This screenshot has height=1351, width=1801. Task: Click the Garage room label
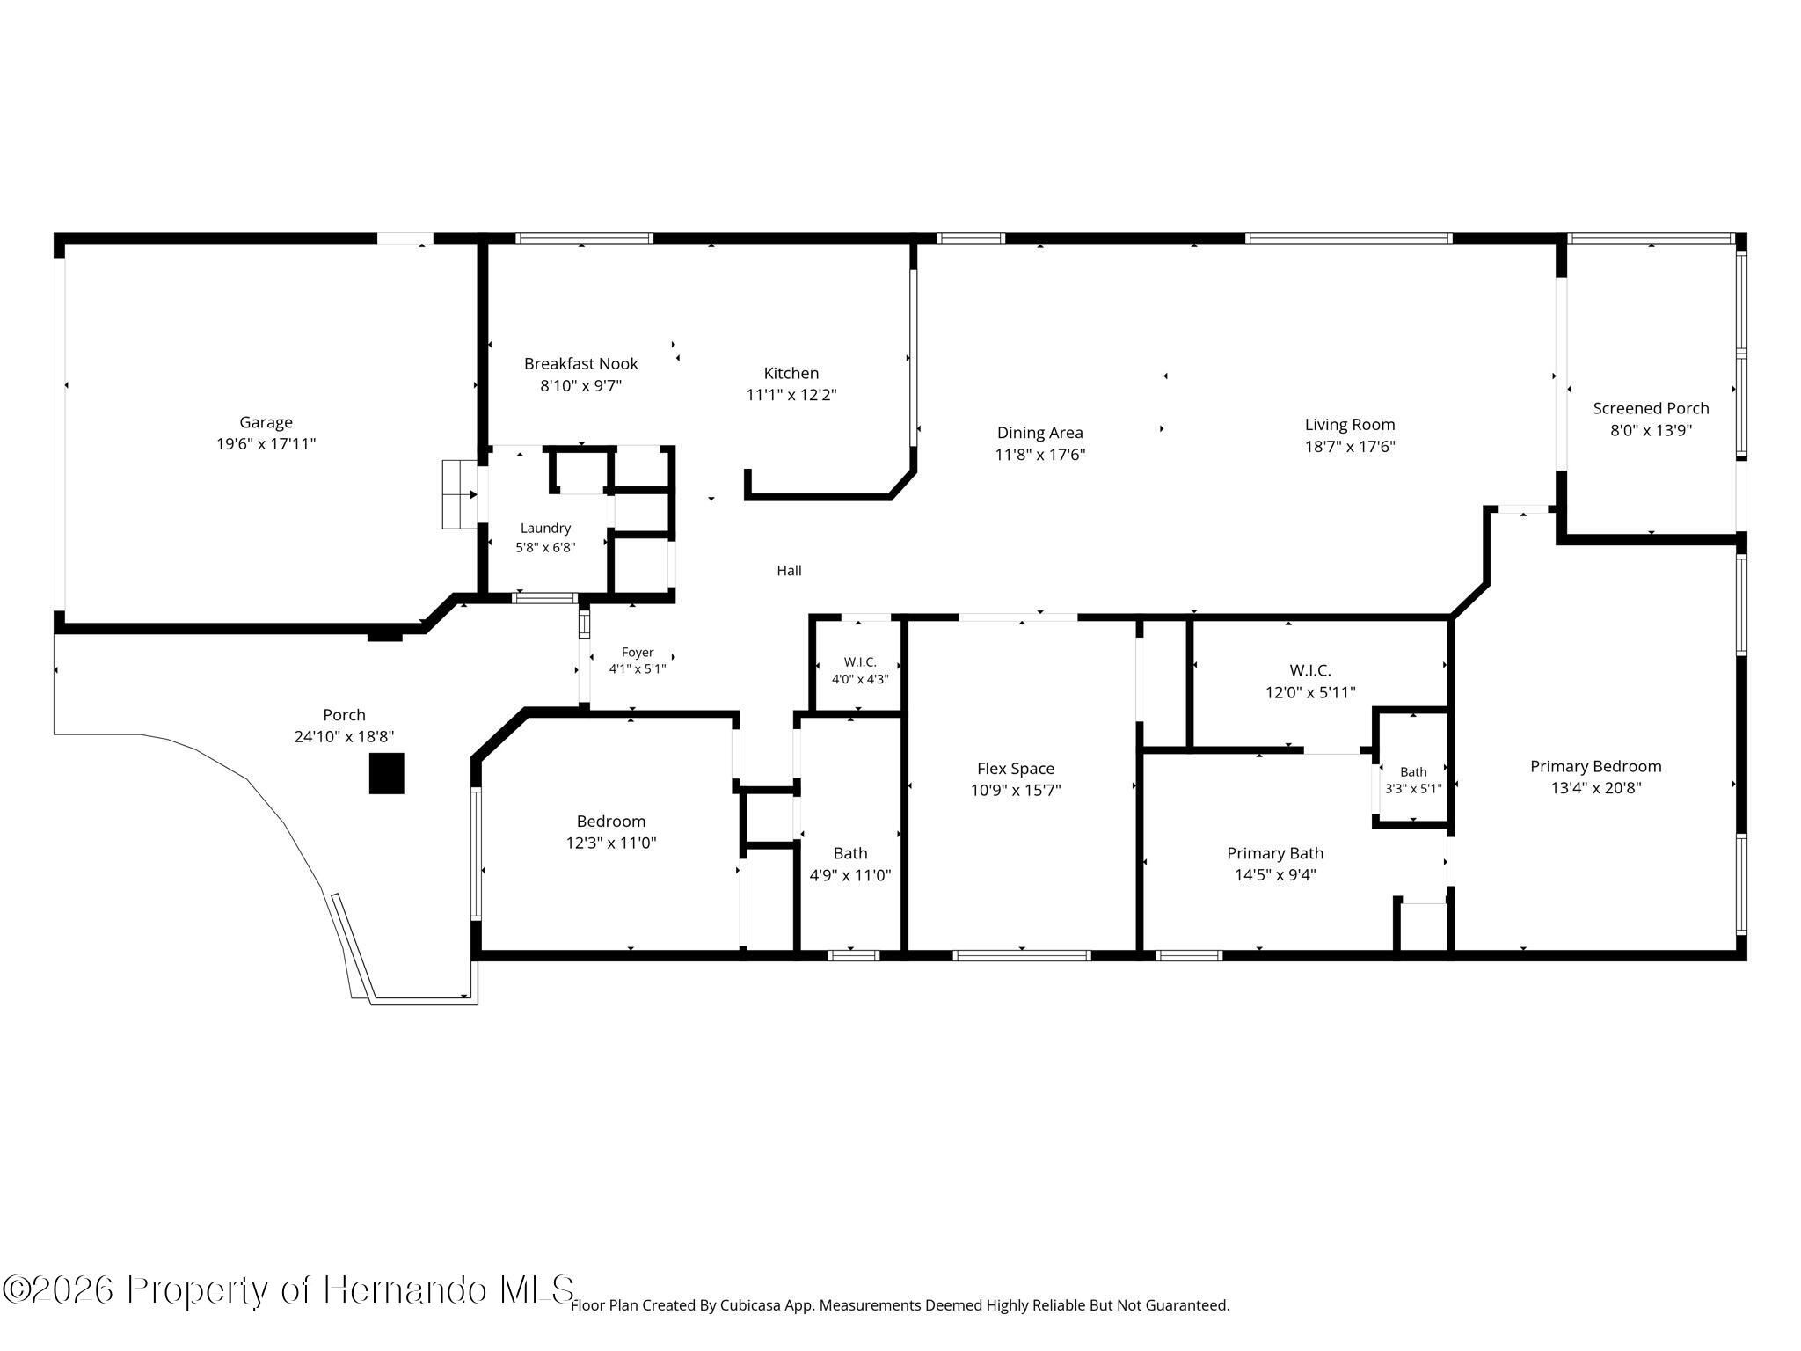pos(266,422)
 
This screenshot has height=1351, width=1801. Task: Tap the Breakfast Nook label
pos(581,363)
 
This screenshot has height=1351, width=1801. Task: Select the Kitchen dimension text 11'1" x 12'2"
pos(791,395)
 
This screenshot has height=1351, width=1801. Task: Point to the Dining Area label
pos(1040,433)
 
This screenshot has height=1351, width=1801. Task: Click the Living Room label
pos(1350,425)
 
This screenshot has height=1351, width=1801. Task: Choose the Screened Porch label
pos(1652,408)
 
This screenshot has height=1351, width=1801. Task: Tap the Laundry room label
pos(545,528)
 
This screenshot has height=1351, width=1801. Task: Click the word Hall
pos(789,571)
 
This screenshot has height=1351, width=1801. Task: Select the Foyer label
pos(638,653)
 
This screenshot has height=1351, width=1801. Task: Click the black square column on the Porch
pos(386,773)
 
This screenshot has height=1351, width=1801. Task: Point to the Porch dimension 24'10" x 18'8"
pos(344,737)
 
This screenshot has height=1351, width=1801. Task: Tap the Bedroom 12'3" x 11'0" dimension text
pos(611,843)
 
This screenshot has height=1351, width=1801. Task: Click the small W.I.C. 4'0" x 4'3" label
pos(860,670)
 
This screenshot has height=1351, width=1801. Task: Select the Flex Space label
pos(1016,769)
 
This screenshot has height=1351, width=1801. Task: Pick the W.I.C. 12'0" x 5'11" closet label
pos(1310,682)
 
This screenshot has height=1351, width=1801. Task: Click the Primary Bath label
pos(1275,853)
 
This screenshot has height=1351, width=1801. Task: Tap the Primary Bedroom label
pos(1596,766)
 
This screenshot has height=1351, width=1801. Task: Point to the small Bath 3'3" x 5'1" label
pos(1413,780)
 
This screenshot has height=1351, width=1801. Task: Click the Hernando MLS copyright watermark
pos(288,1290)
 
